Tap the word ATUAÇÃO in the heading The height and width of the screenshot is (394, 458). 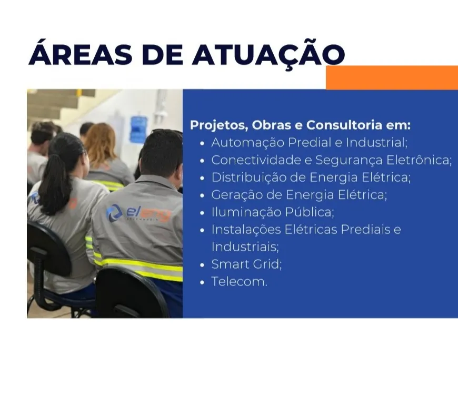268,54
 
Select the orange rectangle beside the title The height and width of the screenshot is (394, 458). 392,77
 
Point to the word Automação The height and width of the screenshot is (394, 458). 248,143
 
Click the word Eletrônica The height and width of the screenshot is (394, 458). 419,160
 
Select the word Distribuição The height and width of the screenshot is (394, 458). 248,178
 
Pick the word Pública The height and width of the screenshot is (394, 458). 310,212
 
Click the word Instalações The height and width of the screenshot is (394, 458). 246,230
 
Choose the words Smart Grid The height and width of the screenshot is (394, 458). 246,264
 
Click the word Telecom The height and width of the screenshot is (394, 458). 239,281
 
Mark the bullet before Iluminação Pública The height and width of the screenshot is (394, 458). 202,213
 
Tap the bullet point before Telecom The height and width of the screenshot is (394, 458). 202,282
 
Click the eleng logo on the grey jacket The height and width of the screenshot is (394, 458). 138,213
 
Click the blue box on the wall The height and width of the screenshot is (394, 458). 138,129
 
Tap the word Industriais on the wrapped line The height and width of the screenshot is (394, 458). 245,247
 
